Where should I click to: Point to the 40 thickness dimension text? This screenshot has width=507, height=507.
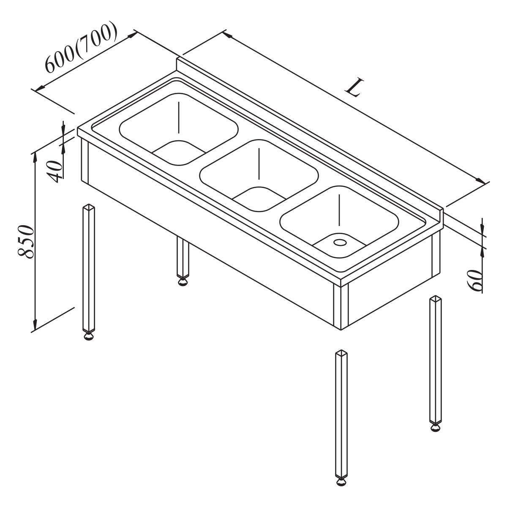[55, 171]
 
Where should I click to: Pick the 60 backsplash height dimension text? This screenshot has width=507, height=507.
[475, 280]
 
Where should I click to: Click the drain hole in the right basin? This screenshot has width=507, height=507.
[340, 242]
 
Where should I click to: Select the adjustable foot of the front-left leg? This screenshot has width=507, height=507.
[89, 335]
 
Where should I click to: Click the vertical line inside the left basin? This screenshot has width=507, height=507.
[179, 117]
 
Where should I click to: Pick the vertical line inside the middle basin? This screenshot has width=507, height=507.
[259, 164]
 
